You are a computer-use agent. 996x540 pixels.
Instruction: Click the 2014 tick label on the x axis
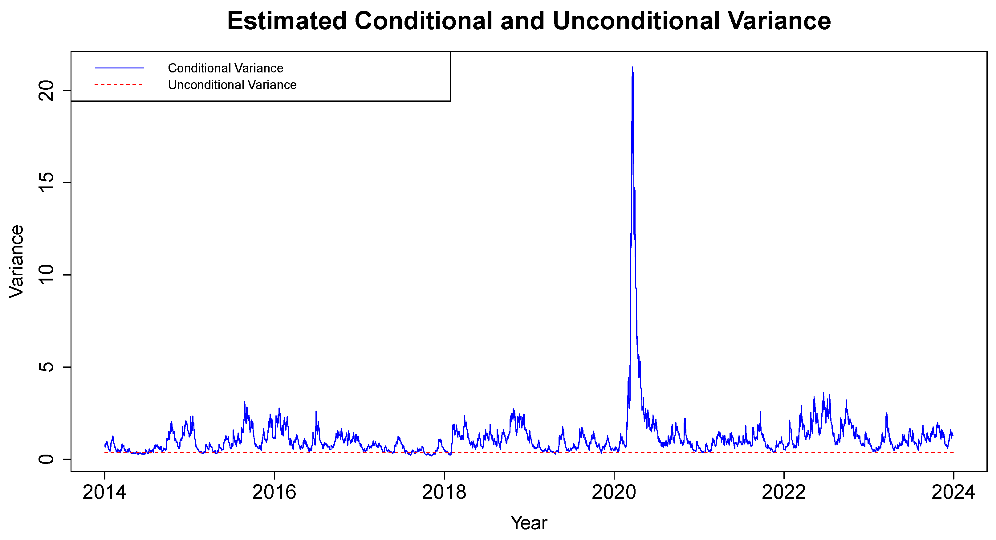coord(104,493)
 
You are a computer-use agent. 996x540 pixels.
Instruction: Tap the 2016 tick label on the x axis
coord(274,493)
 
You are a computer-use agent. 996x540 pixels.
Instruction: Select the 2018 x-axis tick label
coord(444,493)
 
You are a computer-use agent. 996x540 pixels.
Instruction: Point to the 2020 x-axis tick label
coord(614,493)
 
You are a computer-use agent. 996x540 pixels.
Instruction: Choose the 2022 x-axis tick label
coord(783,493)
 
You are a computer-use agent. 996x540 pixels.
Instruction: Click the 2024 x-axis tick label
coord(953,493)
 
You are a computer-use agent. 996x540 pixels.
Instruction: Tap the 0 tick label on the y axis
coord(47,459)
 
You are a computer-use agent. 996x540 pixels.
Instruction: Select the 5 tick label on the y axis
coord(47,367)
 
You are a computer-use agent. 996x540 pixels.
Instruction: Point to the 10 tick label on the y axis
coord(47,275)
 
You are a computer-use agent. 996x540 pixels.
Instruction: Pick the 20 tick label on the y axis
coord(47,91)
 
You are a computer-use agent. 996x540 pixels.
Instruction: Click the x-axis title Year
coord(529,523)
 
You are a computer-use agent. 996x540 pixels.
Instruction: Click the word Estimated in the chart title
coord(287,21)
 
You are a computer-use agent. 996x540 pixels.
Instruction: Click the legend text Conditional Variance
coord(226,68)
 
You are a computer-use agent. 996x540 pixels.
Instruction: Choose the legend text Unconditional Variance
coord(232,85)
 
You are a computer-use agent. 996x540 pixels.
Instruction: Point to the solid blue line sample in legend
coord(119,68)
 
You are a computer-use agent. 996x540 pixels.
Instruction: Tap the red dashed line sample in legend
coord(119,84)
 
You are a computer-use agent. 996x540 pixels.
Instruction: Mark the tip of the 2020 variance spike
coord(632,67)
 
